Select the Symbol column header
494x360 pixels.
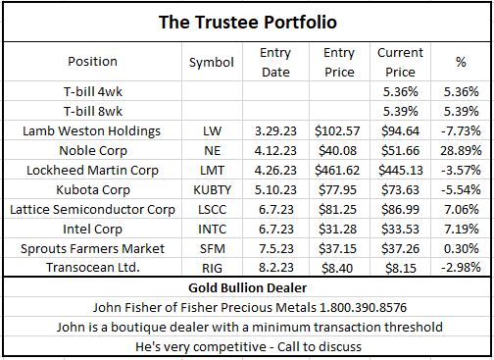(211, 61)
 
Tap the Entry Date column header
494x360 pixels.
(276, 61)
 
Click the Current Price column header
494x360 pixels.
(400, 61)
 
